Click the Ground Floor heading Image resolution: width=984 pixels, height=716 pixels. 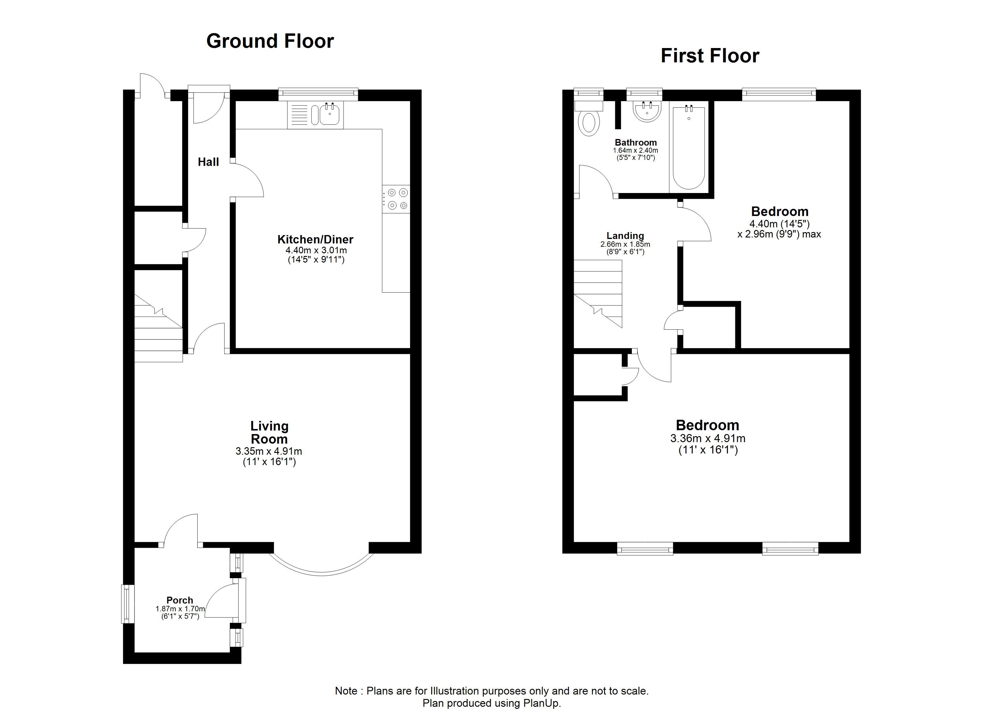click(270, 41)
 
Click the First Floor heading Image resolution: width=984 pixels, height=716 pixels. click(710, 56)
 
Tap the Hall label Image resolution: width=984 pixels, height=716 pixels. click(208, 162)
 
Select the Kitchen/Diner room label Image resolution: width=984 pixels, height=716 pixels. click(315, 239)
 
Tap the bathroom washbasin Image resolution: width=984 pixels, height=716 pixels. click(647, 112)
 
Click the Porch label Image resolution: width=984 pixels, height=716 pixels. click(180, 600)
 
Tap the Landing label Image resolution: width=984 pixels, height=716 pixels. click(625, 236)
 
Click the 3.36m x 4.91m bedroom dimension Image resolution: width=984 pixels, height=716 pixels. click(708, 439)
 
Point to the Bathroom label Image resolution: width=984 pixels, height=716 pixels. click(636, 142)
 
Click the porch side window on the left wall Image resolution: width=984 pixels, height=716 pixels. click(127, 604)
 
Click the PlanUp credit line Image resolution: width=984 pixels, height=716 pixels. click(492, 703)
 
